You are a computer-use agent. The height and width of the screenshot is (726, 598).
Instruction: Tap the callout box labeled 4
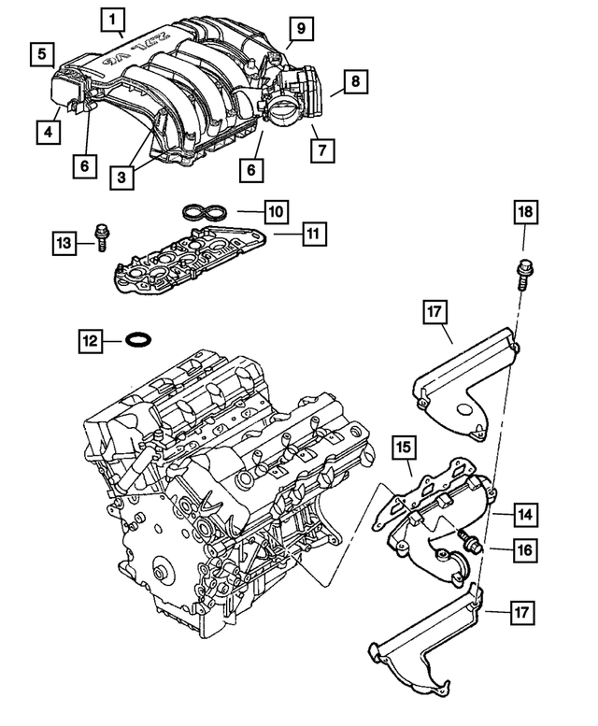[x=46, y=133]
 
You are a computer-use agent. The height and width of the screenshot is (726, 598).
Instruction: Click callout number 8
[x=354, y=82]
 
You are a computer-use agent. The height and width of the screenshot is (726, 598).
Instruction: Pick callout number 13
[x=64, y=244]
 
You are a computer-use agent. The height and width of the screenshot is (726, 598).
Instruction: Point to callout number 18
[x=525, y=214]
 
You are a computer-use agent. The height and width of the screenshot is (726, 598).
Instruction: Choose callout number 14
[x=525, y=514]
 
